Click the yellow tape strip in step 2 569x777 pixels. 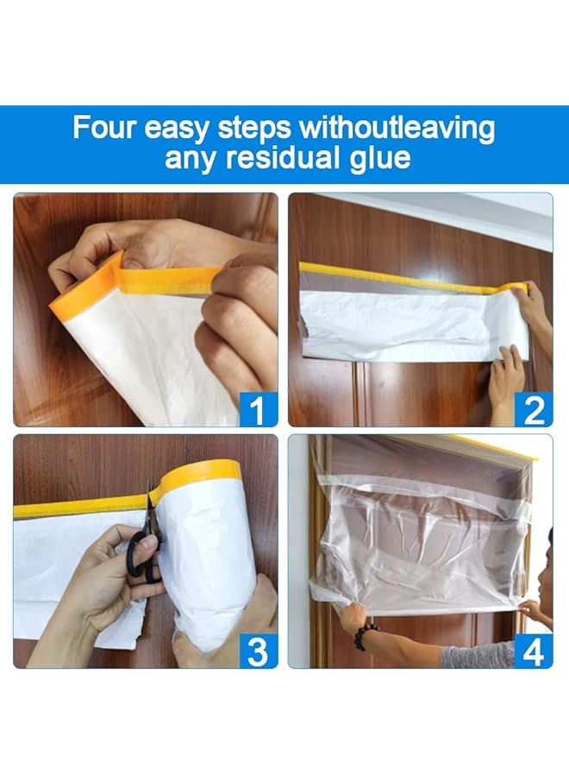(405, 279)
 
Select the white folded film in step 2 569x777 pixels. (405, 324)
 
